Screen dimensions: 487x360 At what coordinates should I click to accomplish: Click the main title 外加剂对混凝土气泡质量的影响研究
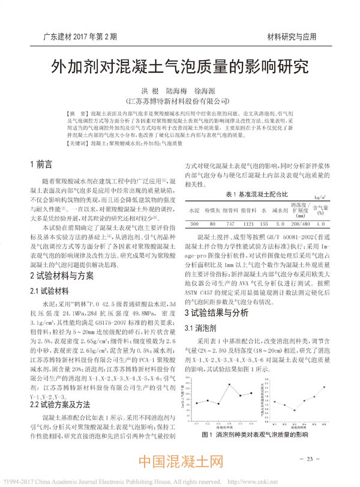(x=181, y=65)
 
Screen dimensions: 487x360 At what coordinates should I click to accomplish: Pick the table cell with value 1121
(x=247, y=223)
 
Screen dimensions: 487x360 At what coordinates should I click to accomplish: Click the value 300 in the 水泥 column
(x=194, y=223)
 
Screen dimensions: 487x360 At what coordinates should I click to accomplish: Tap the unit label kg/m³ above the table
(x=320, y=196)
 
